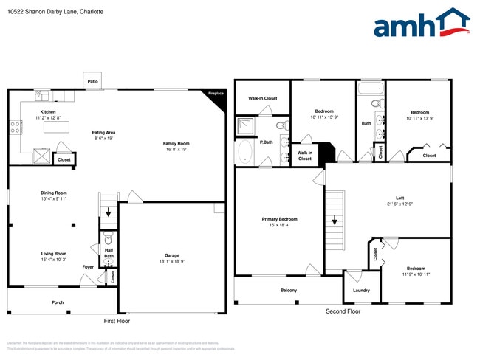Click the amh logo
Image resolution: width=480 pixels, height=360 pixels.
pyautogui.click(x=421, y=24)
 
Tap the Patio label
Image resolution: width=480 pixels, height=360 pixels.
pyautogui.click(x=93, y=82)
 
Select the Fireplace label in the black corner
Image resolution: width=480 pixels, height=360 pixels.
pyautogui.click(x=215, y=94)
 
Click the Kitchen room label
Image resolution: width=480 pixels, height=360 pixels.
pyautogui.click(x=48, y=112)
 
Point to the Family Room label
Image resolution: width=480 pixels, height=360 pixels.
pyautogui.click(x=176, y=143)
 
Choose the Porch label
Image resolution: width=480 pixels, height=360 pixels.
pyautogui.click(x=57, y=302)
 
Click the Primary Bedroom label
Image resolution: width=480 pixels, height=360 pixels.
pyautogui.click(x=280, y=219)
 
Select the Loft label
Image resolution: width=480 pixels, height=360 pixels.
pyautogui.click(x=400, y=197)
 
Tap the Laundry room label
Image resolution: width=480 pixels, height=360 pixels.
pyautogui.click(x=362, y=290)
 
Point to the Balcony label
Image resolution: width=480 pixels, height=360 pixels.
pyautogui.click(x=289, y=291)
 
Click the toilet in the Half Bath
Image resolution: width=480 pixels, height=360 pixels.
pyautogui.click(x=109, y=239)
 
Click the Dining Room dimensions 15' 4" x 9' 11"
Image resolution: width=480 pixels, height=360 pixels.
pyautogui.click(x=54, y=199)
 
